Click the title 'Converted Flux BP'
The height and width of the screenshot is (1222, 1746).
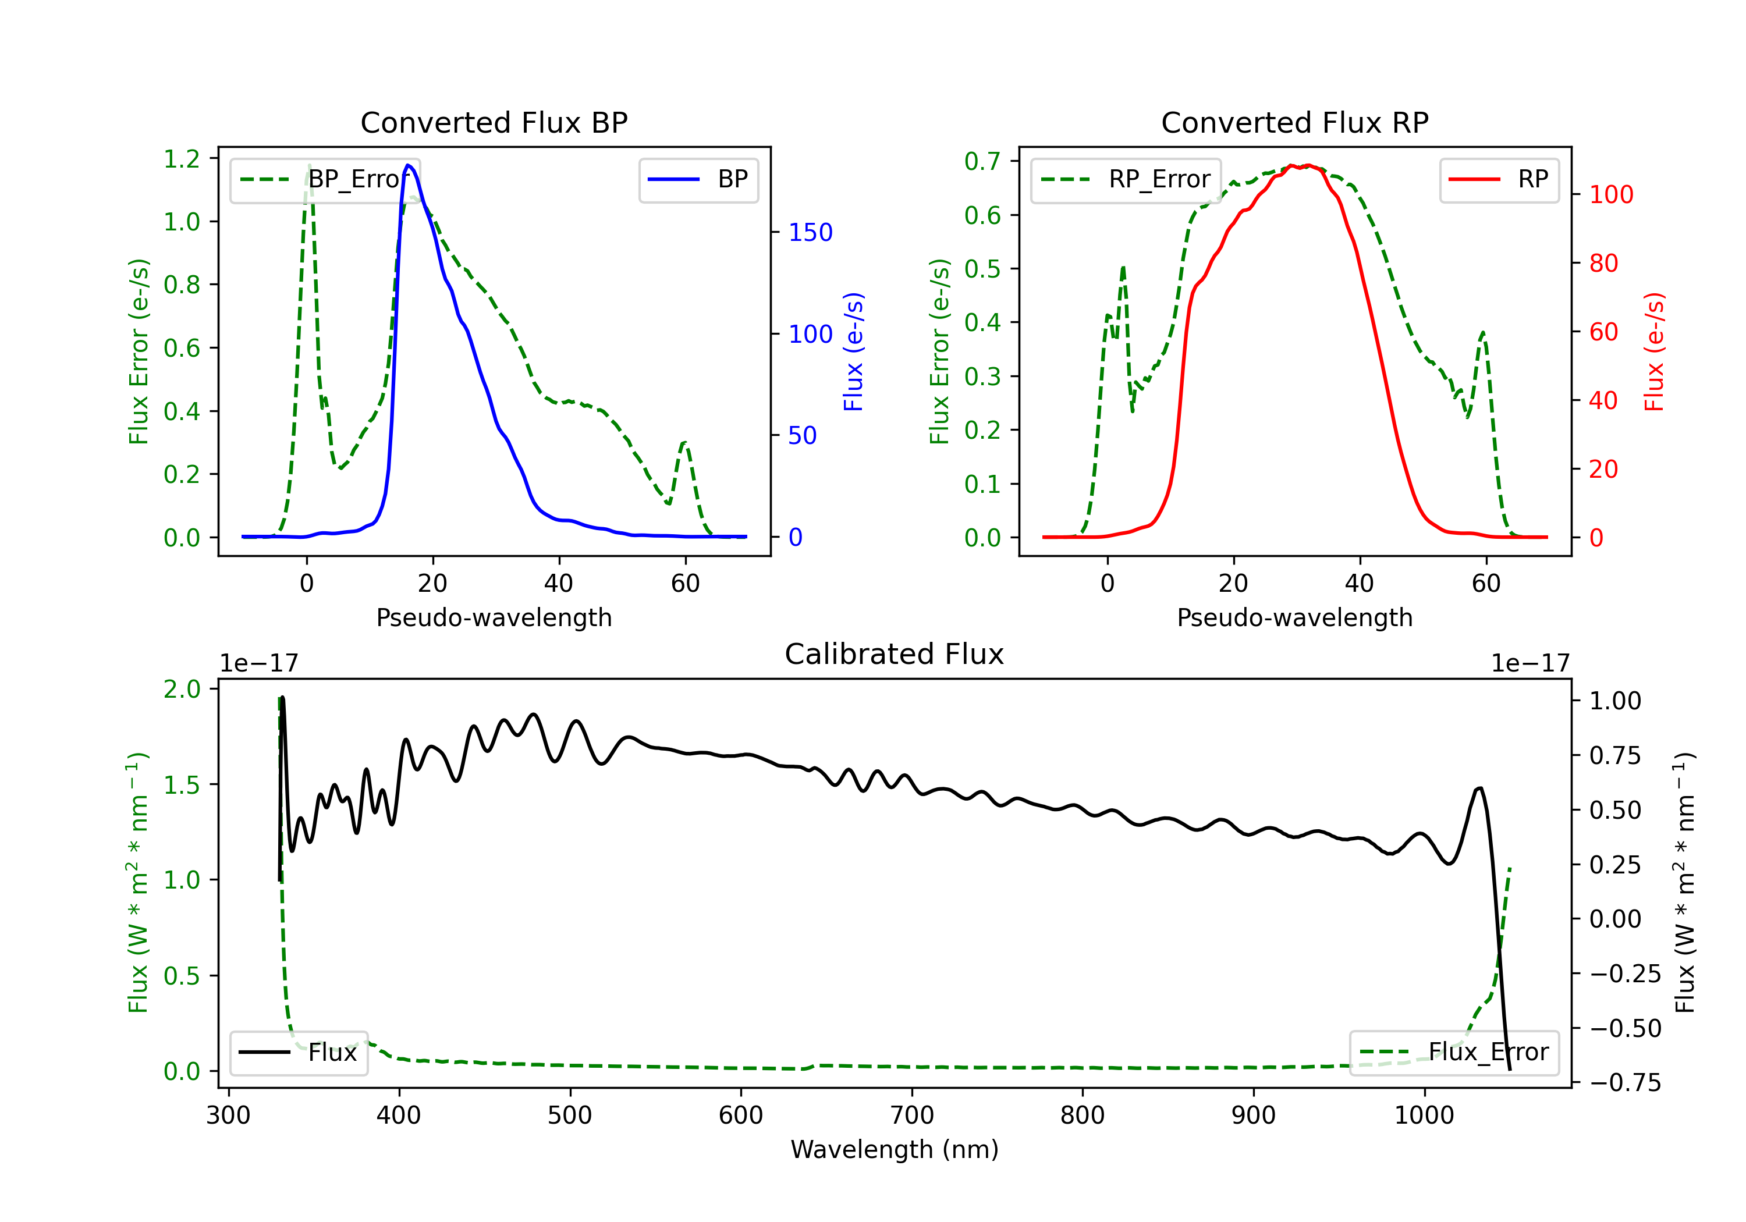(x=494, y=122)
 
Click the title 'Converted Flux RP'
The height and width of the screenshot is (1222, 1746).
(x=1294, y=122)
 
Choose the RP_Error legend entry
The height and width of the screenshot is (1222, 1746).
(x=1126, y=179)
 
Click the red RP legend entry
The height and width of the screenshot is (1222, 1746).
(x=1498, y=179)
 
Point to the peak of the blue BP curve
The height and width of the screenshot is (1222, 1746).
(x=409, y=165)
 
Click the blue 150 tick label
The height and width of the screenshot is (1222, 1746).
(x=810, y=233)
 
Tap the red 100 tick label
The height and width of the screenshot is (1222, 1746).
(x=1610, y=195)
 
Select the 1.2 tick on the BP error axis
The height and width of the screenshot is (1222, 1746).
(x=182, y=159)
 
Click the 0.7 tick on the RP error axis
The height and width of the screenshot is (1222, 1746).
(x=982, y=161)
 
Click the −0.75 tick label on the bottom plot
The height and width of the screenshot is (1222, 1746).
(x=1624, y=1082)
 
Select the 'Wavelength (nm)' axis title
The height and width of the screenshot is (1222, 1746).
(x=895, y=1149)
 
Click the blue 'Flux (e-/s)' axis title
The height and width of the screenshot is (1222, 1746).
(x=853, y=351)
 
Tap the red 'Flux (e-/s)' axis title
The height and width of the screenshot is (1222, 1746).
(x=1654, y=351)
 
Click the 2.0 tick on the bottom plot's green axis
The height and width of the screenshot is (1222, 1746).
(x=182, y=689)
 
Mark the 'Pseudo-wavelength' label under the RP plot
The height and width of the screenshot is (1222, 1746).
(x=1294, y=617)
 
